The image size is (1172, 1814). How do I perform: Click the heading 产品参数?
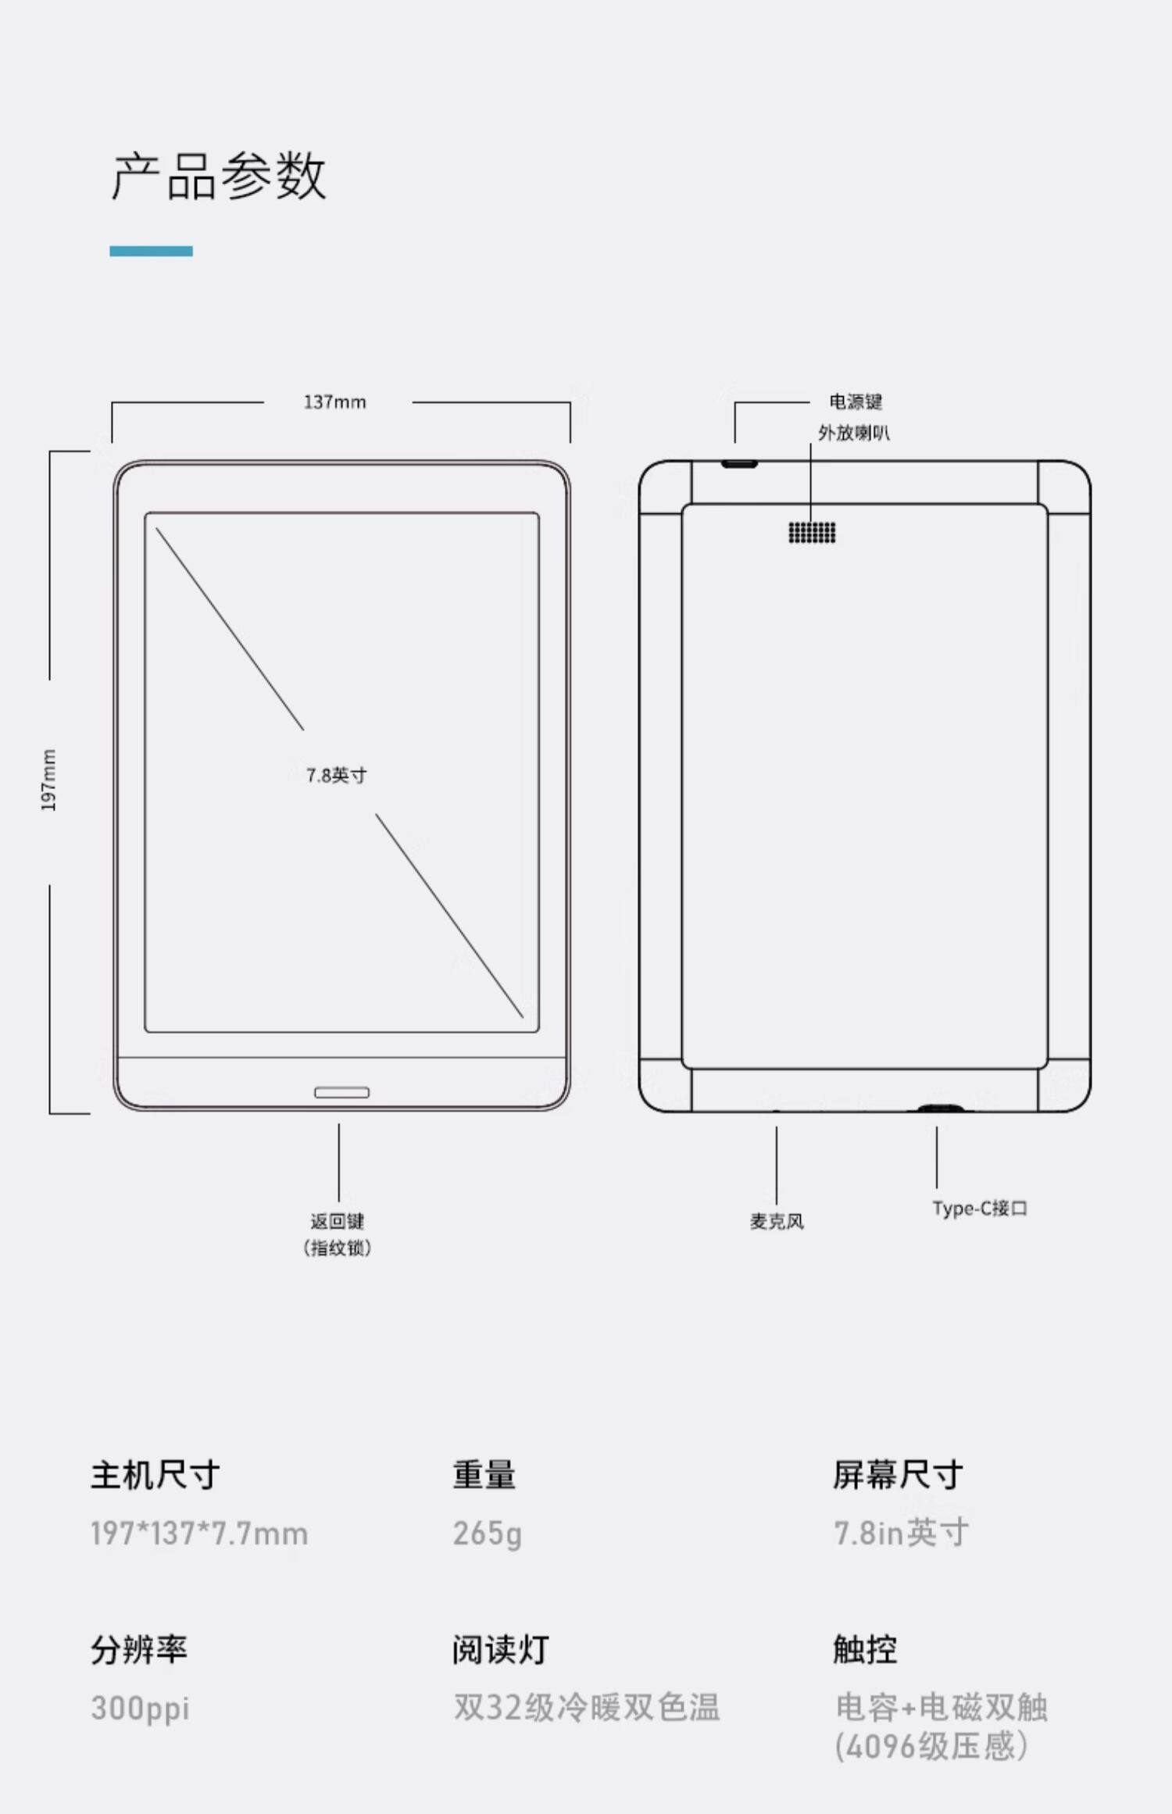[219, 176]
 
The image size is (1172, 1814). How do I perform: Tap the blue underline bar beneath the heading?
[151, 251]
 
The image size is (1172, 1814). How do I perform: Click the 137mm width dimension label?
[334, 402]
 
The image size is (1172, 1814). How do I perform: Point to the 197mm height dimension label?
[48, 780]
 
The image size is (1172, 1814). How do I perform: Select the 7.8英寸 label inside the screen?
[336, 775]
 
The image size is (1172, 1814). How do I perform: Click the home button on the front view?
[341, 1092]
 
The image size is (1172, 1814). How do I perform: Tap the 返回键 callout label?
[338, 1221]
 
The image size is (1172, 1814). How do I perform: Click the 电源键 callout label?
[856, 402]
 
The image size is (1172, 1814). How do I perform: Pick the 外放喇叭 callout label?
[853, 433]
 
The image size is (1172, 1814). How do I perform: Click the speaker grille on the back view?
[812, 532]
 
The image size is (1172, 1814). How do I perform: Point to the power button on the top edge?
[739, 464]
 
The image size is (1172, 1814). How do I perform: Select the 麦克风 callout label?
[777, 1221]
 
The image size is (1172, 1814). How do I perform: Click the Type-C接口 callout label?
[979, 1209]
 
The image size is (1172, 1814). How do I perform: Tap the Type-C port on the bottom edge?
[939, 1108]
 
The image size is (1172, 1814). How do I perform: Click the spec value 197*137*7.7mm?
[199, 1534]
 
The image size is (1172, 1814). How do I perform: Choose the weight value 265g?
[487, 1534]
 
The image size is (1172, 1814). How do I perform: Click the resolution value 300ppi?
[140, 1708]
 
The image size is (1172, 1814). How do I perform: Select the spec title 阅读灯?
[500, 1649]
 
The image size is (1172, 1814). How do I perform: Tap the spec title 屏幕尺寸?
[897, 1475]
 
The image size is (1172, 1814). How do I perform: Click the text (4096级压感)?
[931, 1747]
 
